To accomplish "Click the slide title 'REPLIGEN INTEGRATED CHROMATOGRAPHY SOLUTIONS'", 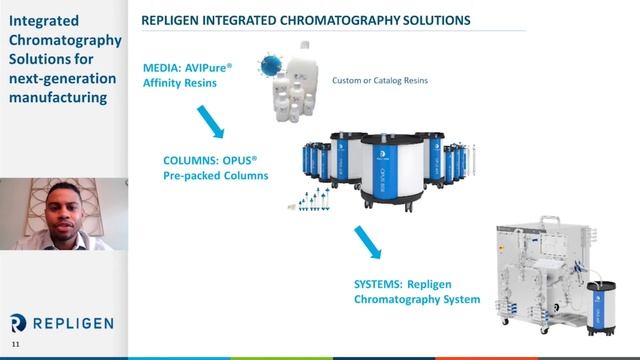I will [293, 21].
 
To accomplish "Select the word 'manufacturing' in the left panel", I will [57, 99].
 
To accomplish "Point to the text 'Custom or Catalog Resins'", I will [380, 80].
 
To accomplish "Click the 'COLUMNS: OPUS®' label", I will [217, 159].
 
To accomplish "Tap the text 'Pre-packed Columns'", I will [216, 176].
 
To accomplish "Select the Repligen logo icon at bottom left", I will [17, 322].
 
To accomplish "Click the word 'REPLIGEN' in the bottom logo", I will [70, 323].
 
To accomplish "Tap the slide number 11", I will [15, 345].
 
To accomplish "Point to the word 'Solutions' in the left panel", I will [41, 59].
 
